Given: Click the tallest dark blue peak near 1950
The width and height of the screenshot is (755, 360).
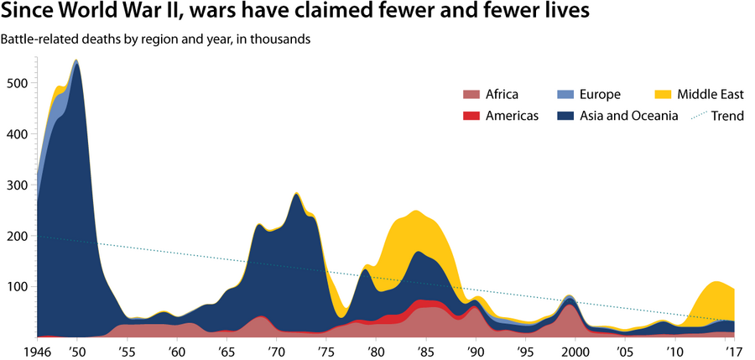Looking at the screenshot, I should coord(77,67).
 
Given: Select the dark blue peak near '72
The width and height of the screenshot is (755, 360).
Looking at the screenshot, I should coord(296,200).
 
